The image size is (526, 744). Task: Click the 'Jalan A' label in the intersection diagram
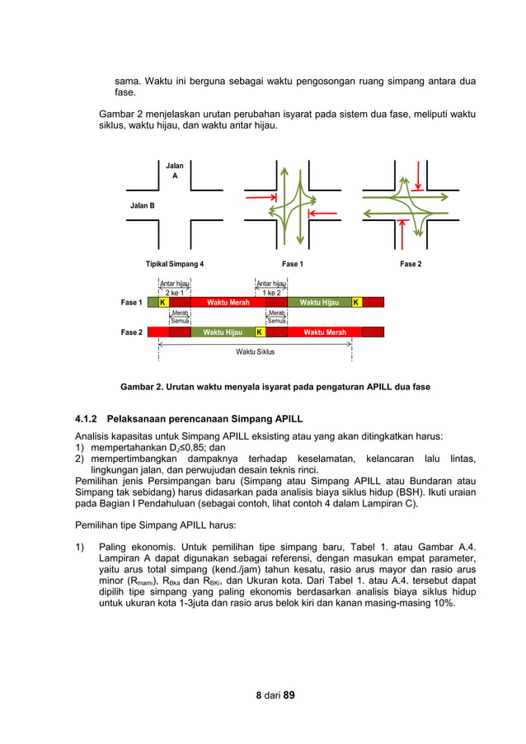click(174, 171)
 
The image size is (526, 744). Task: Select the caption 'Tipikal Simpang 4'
click(175, 264)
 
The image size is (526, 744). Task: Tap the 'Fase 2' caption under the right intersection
click(410, 264)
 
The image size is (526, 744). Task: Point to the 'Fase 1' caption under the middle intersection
click(292, 264)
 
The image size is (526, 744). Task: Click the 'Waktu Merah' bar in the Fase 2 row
click(325, 332)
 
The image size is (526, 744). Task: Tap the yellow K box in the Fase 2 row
click(259, 332)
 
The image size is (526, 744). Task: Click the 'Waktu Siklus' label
click(256, 351)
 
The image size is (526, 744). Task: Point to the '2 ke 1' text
click(174, 293)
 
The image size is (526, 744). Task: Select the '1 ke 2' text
click(271, 293)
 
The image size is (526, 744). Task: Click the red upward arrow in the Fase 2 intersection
click(401, 234)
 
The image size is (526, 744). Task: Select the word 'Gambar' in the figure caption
click(138, 386)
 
